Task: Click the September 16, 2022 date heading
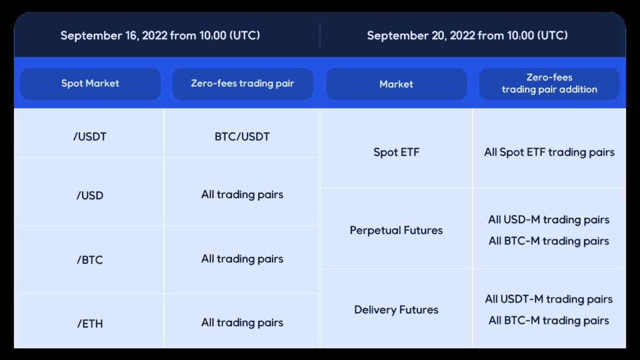tap(160, 36)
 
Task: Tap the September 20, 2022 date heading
tap(467, 36)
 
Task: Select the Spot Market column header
tap(90, 84)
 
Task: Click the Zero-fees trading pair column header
tap(242, 84)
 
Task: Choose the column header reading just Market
tap(396, 84)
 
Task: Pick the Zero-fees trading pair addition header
tap(549, 84)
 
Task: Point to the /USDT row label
tap(90, 137)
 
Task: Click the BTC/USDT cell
tap(242, 137)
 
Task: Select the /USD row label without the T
tap(90, 196)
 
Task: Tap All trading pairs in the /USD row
tap(242, 195)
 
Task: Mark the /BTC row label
tap(90, 260)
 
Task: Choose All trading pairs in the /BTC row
tap(242, 259)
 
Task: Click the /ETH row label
tap(90, 324)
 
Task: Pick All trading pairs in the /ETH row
tap(242, 323)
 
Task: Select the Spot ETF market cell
tap(396, 152)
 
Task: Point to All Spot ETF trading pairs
tap(549, 152)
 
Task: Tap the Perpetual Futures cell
tap(396, 231)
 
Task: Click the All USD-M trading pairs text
tap(549, 220)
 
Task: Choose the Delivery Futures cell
tap(396, 310)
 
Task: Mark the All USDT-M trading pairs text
tap(549, 299)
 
